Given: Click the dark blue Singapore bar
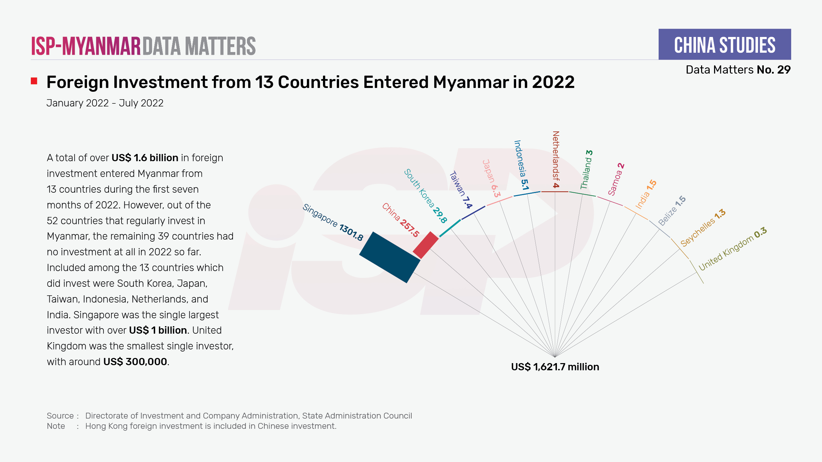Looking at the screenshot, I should [x=390, y=257].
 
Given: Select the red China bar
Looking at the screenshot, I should [x=426, y=245].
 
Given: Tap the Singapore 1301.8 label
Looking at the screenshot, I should [x=333, y=222].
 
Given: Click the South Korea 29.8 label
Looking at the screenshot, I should [x=425, y=196].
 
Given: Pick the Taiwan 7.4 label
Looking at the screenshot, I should [x=461, y=190].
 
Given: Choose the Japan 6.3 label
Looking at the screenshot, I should [x=491, y=178].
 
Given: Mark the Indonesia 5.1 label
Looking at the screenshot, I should [x=521, y=165].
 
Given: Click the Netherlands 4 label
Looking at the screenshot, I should [x=556, y=159].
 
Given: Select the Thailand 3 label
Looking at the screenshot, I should [x=586, y=169].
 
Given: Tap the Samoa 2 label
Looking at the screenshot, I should [x=616, y=179].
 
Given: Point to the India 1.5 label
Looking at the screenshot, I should [x=646, y=194].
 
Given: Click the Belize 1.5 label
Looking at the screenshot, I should [x=672, y=210].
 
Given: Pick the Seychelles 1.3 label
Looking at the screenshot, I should [x=703, y=228].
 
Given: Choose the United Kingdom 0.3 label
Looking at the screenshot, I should [x=733, y=248].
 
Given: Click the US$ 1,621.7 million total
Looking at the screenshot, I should [x=555, y=367].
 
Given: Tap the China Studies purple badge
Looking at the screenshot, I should [x=724, y=44].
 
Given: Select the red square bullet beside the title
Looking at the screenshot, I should [x=34, y=81].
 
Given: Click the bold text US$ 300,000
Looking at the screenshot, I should [x=135, y=362].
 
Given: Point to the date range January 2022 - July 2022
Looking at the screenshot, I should [x=105, y=103].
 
